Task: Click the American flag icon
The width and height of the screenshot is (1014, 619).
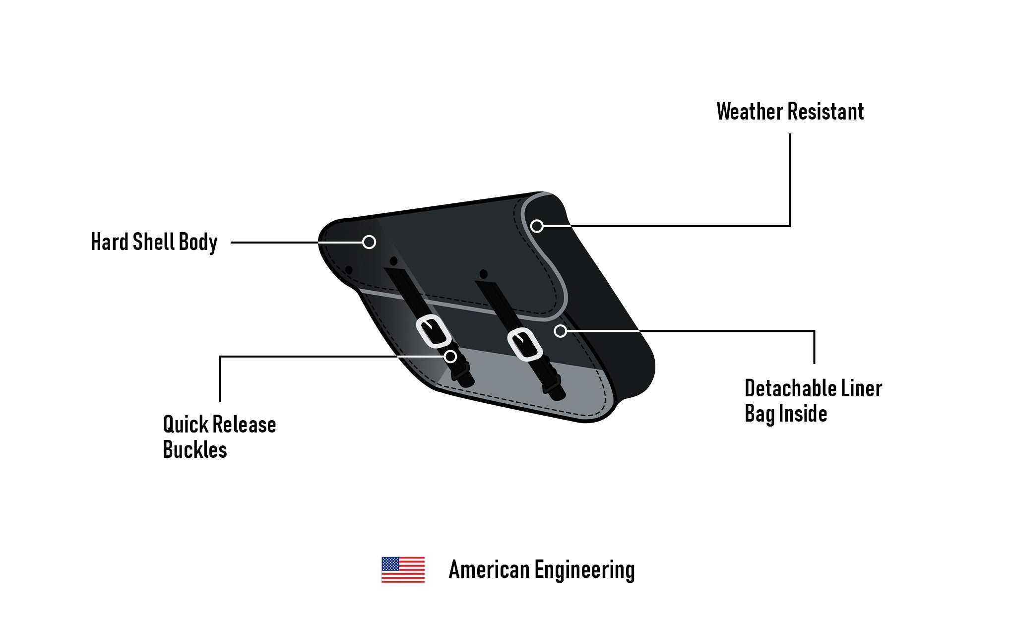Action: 403,569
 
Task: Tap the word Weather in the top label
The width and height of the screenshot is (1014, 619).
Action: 747,112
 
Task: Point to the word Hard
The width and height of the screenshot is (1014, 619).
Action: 109,242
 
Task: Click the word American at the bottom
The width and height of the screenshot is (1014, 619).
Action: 489,569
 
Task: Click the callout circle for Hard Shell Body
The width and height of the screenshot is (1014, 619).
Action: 369,242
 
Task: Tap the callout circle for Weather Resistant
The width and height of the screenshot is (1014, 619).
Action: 537,226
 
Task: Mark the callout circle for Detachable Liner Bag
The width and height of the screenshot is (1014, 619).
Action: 560,331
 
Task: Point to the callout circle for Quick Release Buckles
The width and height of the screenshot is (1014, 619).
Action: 450,356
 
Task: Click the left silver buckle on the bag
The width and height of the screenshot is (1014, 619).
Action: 433,331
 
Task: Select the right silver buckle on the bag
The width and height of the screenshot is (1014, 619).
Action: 524,344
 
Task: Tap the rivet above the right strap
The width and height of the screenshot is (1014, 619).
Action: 483,274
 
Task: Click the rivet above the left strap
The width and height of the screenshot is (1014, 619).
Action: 393,261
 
